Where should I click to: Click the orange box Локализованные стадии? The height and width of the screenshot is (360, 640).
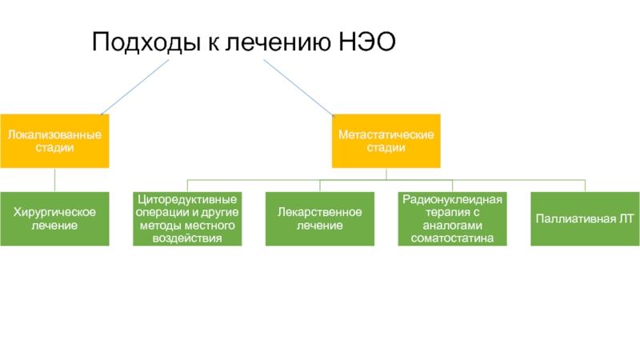click(54, 140)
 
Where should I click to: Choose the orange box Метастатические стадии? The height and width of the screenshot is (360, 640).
click(386, 140)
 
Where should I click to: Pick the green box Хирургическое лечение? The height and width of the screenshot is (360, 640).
click(54, 218)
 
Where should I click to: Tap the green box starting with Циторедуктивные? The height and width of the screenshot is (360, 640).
click(187, 218)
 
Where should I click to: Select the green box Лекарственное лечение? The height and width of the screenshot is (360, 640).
click(320, 218)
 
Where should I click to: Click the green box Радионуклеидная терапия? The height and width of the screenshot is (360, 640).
click(452, 218)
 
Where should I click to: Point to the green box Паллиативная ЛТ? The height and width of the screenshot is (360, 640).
click(585, 218)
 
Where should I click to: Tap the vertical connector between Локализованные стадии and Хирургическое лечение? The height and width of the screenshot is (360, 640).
click(54, 180)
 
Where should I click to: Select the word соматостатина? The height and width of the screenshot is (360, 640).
click(452, 238)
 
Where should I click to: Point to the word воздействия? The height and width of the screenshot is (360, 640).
click(187, 238)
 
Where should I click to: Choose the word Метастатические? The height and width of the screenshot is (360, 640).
click(386, 134)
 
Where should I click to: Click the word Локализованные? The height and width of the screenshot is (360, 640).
click(54, 134)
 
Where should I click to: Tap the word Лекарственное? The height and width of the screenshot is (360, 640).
click(320, 211)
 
